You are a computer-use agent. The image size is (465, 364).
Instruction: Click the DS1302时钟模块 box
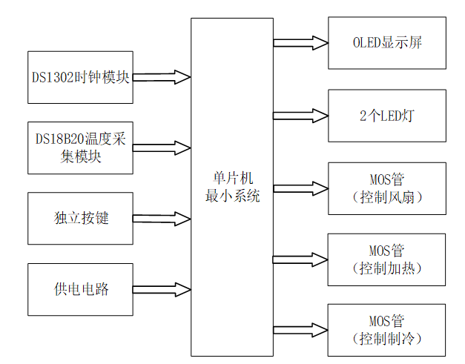pos(81,77)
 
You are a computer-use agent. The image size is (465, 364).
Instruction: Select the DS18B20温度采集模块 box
pos(81,148)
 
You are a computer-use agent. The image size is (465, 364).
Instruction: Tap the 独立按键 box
pos(81,219)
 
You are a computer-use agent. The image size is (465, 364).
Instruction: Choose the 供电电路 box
pos(81,289)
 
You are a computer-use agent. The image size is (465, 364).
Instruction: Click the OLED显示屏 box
pos(387,42)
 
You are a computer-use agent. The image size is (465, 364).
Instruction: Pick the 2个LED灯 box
pos(387,116)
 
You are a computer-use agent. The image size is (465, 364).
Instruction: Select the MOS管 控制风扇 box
pos(387,188)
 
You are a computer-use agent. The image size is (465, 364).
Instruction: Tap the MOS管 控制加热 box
pos(387,259)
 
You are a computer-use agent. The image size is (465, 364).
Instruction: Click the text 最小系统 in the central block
pos(232,196)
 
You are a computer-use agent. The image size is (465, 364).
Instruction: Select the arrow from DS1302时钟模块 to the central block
pos(162,76)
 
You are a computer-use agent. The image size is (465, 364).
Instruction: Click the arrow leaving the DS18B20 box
pos(162,147)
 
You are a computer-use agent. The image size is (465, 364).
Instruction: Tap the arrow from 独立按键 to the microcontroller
pos(162,219)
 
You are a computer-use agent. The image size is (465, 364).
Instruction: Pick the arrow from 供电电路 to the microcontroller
pos(162,289)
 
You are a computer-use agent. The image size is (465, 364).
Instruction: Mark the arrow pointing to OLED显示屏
pos(300,43)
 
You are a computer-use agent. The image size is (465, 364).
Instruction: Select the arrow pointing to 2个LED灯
pos(300,115)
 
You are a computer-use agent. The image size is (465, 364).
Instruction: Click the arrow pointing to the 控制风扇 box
pos(300,188)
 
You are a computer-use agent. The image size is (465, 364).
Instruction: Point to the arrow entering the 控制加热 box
pos(300,259)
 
